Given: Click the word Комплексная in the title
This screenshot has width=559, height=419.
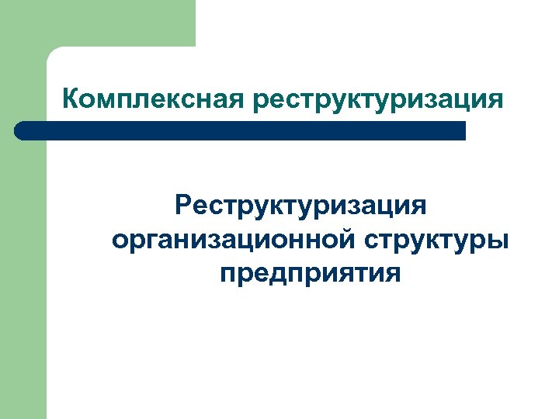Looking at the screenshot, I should (153, 100).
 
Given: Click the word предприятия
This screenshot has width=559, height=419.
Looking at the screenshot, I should (311, 274).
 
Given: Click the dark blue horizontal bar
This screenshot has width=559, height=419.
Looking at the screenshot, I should (241, 130).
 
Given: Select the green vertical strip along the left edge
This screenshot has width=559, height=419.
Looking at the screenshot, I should (23, 272).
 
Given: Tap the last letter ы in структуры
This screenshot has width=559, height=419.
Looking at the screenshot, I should (498, 241).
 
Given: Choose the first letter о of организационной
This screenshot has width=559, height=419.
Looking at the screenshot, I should (120, 241).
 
